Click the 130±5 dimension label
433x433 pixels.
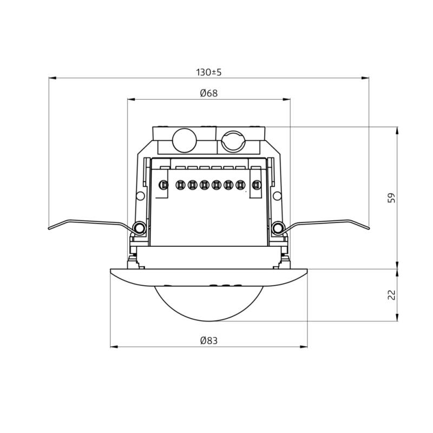pyautogui.click(x=209, y=73)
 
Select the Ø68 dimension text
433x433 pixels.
pyautogui.click(x=209, y=93)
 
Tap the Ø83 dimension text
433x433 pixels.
pyautogui.click(x=209, y=340)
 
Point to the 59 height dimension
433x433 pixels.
pyautogui.click(x=391, y=198)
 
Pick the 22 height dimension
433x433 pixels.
pyautogui.click(x=391, y=295)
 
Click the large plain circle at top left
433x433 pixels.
pyautogui.click(x=184, y=140)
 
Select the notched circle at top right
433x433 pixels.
pyautogui.click(x=233, y=141)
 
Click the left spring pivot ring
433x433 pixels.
pyautogui.click(x=139, y=228)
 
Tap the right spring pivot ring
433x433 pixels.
pyautogui.click(x=278, y=228)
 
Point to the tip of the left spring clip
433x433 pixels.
pyautogui.click(x=49, y=228)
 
